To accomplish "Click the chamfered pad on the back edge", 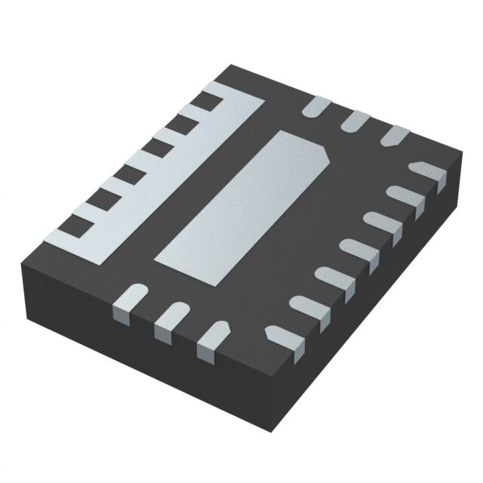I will [393, 137].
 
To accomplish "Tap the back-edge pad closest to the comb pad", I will [315, 107].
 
